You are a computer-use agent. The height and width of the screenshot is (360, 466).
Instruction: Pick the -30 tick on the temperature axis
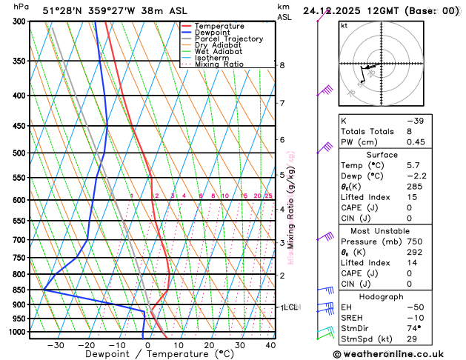point(56,345)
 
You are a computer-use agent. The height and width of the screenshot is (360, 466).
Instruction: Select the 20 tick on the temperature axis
point(210,345)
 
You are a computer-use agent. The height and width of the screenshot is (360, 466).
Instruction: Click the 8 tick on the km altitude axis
point(282,65)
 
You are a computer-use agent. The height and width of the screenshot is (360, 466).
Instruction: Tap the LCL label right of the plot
point(290,306)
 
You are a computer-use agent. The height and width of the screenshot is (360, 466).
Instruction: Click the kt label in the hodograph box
point(344,26)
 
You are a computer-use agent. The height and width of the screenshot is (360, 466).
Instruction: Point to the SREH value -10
point(416,316)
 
